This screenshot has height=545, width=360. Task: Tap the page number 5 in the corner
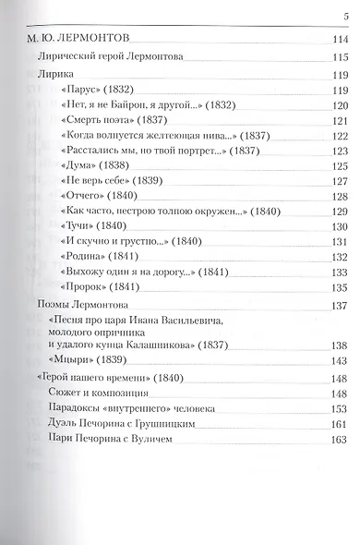click(x=346, y=13)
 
